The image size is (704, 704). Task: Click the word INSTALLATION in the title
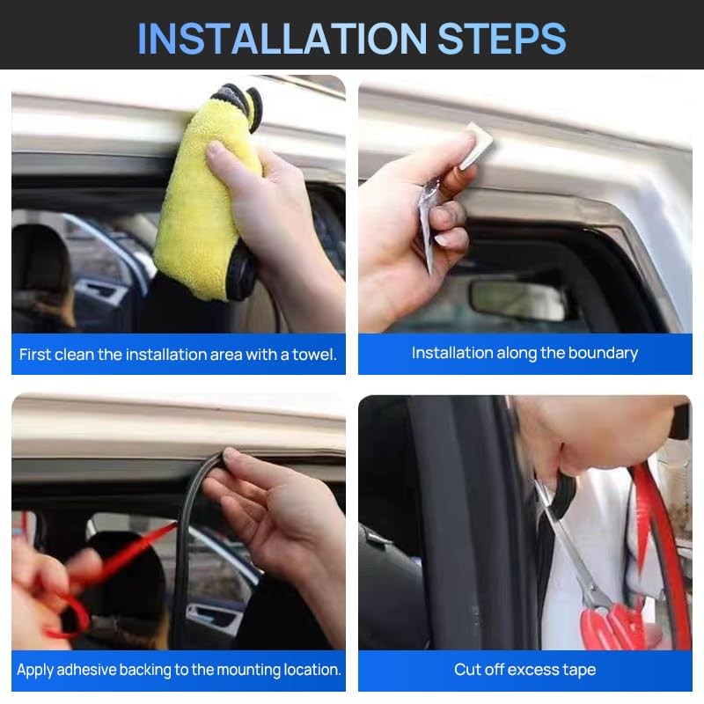tap(282, 38)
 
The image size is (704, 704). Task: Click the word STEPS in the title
tap(502, 38)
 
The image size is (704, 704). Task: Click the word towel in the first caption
tap(314, 355)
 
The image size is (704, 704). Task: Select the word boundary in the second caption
tap(603, 354)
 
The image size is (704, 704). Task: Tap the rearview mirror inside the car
tap(517, 301)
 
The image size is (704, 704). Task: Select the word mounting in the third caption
tap(247, 670)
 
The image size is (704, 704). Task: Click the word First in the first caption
tap(34, 355)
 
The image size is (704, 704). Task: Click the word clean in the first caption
tap(74, 355)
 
